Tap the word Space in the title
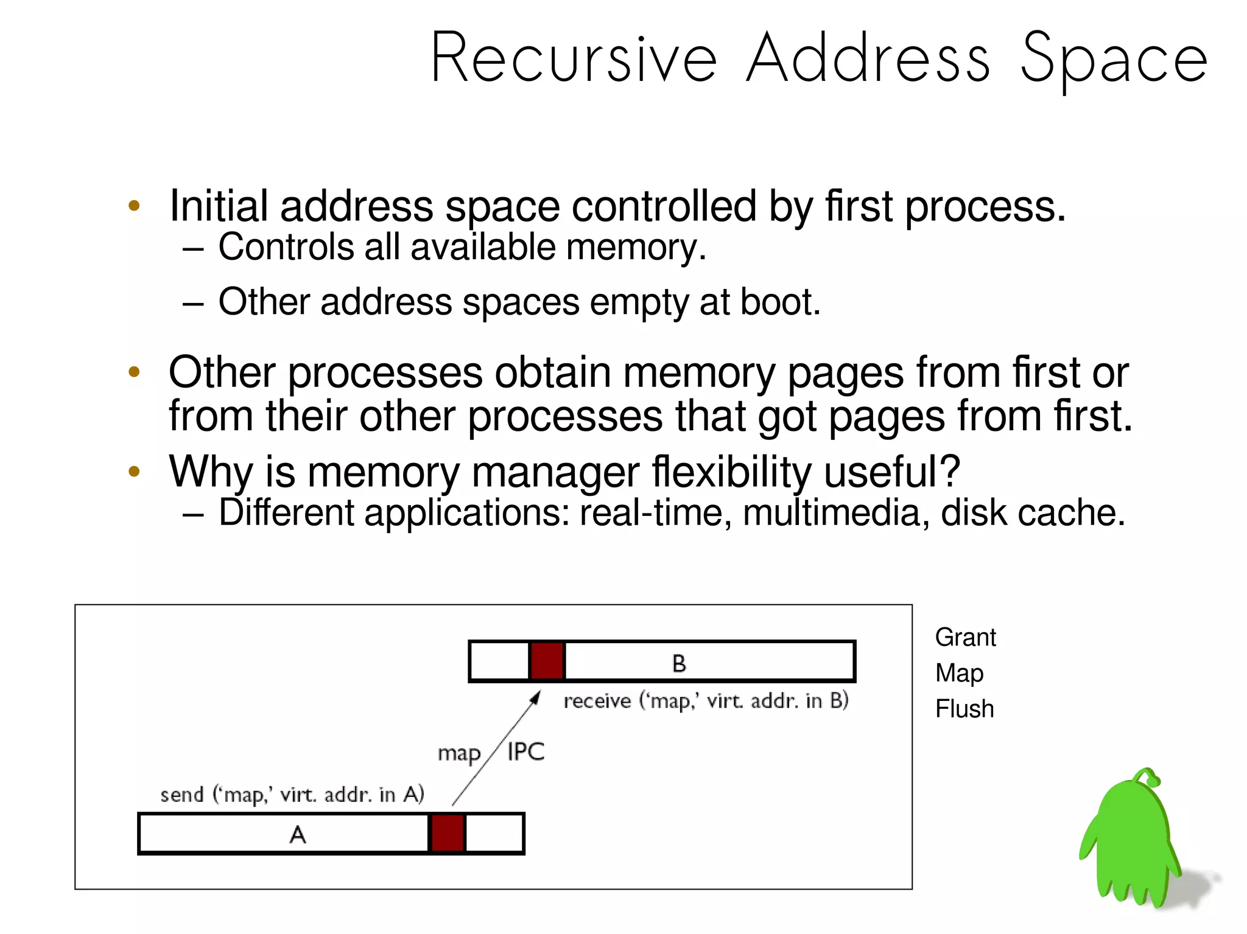click(1113, 59)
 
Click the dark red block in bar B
click(547, 661)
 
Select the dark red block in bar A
click(448, 834)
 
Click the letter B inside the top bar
click(679, 663)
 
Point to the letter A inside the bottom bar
click(297, 834)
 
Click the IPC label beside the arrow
click(525, 752)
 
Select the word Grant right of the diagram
click(965, 638)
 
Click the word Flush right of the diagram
click(964, 709)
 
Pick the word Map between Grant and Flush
click(959, 674)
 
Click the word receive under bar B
click(597, 702)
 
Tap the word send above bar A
click(181, 795)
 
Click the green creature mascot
click(1130, 843)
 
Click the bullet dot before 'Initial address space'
click(134, 206)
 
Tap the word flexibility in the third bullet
click(731, 472)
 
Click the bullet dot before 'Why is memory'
click(134, 471)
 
